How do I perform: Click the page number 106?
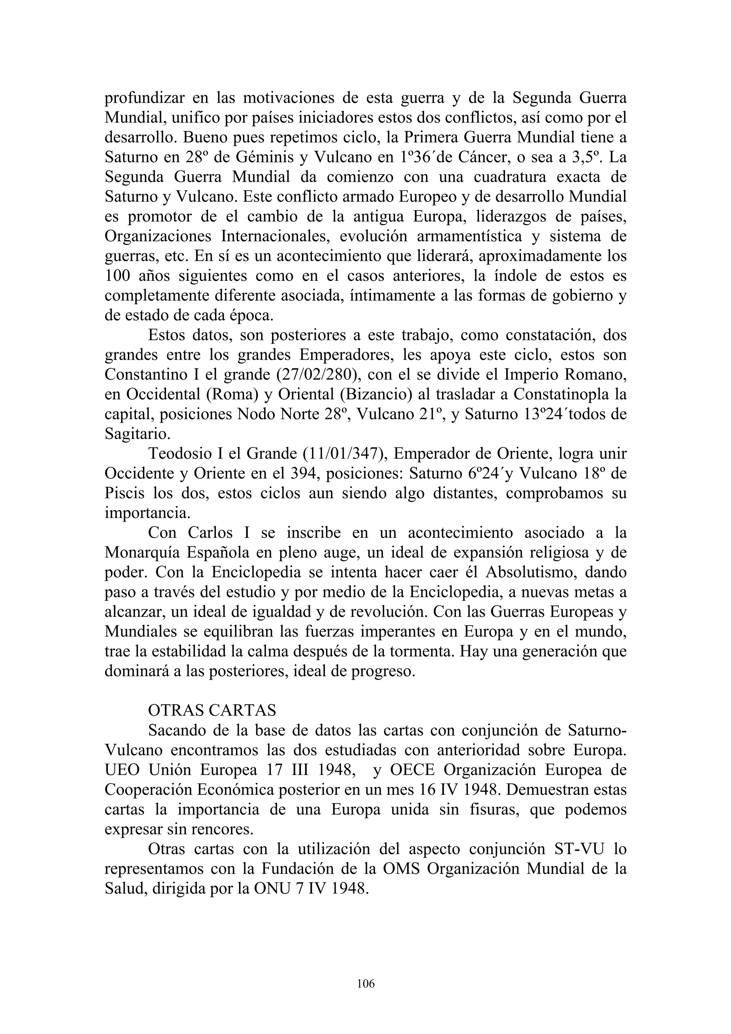pos(365,984)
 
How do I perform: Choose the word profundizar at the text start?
pos(144,98)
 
